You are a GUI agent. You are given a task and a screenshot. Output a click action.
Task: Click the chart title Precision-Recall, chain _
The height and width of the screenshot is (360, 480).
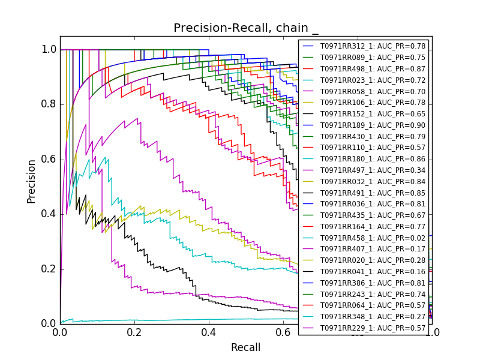(x=246, y=28)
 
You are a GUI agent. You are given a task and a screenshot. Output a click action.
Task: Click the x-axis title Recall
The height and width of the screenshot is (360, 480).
(x=246, y=347)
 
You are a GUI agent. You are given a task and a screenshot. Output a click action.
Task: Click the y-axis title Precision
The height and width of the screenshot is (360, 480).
(x=31, y=181)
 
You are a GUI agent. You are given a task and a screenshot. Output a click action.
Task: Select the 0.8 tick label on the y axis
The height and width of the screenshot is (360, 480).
(x=49, y=104)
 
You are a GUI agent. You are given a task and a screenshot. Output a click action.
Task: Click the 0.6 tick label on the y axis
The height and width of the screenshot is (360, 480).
(x=49, y=159)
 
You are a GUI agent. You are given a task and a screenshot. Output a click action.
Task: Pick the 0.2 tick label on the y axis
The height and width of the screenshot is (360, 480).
(x=49, y=269)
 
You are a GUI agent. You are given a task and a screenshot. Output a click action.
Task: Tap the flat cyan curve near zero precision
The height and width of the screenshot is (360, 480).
(x=180, y=320)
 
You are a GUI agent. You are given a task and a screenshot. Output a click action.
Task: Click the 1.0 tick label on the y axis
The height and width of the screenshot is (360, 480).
(x=49, y=50)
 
